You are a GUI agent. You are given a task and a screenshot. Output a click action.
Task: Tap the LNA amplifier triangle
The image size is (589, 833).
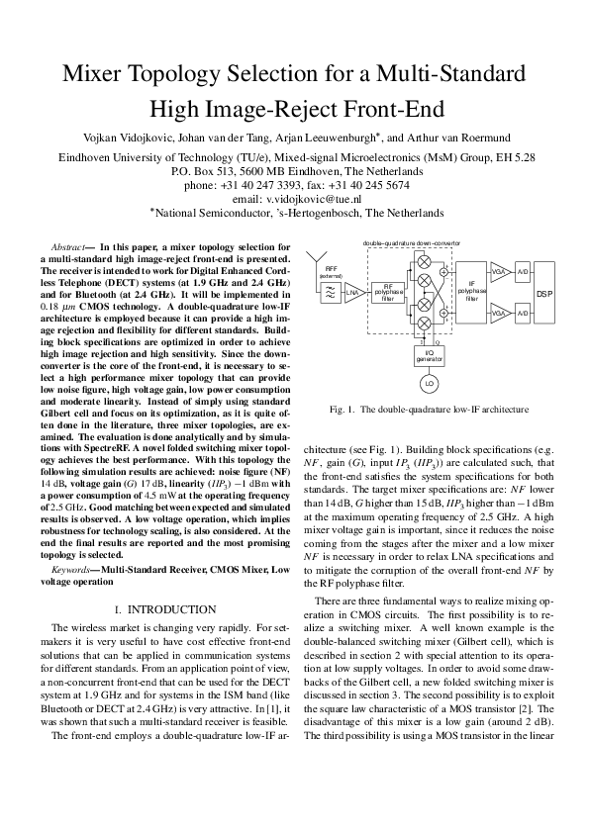351,292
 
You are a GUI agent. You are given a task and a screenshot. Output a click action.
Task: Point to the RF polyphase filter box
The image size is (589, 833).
388,292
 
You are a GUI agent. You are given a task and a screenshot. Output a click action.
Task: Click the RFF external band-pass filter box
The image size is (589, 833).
328,292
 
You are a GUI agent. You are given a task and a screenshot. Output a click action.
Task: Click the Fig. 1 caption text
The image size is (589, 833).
429,436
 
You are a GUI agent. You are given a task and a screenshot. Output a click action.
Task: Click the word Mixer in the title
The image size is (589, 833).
102,74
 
